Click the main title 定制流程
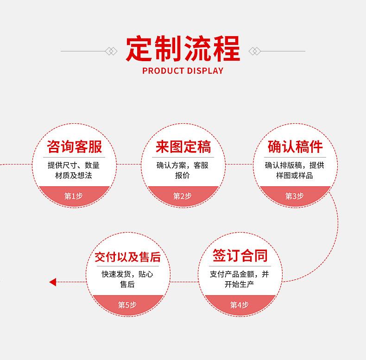[183, 49]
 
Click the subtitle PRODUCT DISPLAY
[183, 71]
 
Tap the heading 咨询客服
[74, 147]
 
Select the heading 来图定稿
[183, 147]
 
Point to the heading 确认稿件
[295, 147]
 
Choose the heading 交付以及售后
[127, 257]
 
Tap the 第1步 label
[73, 196]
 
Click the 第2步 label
[183, 196]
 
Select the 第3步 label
[295, 196]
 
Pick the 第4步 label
[240, 305]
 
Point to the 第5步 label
[127, 305]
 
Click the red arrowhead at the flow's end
[52, 282]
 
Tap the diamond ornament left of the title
[111, 51]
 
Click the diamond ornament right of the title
[255, 51]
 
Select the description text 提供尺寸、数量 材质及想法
[74, 171]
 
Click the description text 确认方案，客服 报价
[183, 171]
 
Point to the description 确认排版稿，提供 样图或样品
[295, 171]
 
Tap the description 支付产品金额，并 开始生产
[240, 279]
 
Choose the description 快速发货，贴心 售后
[127, 279]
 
